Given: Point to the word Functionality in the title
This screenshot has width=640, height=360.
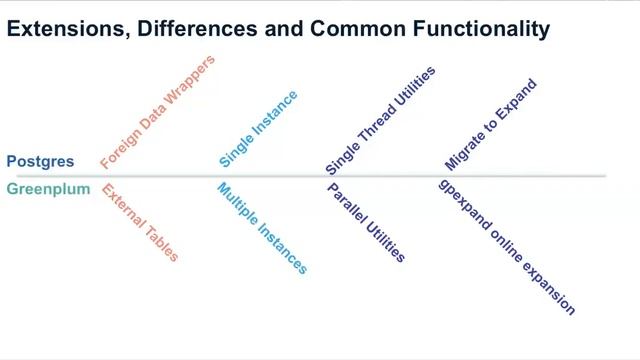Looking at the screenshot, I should pyautogui.click(x=482, y=29).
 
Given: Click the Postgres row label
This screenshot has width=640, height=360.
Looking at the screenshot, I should pyautogui.click(x=40, y=161).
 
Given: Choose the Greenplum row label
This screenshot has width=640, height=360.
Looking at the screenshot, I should pyautogui.click(x=48, y=189).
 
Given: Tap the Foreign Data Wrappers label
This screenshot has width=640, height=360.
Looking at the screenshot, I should pyautogui.click(x=157, y=112).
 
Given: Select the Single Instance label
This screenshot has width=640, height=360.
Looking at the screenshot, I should pyautogui.click(x=258, y=128).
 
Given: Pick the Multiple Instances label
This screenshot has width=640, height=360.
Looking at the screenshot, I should pyautogui.click(x=262, y=228).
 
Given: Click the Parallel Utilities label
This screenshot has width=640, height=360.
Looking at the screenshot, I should pyautogui.click(x=366, y=222).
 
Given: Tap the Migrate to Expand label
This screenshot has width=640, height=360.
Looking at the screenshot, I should pyautogui.click(x=491, y=124).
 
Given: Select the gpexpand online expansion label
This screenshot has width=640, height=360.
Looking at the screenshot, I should pyautogui.click(x=507, y=247).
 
